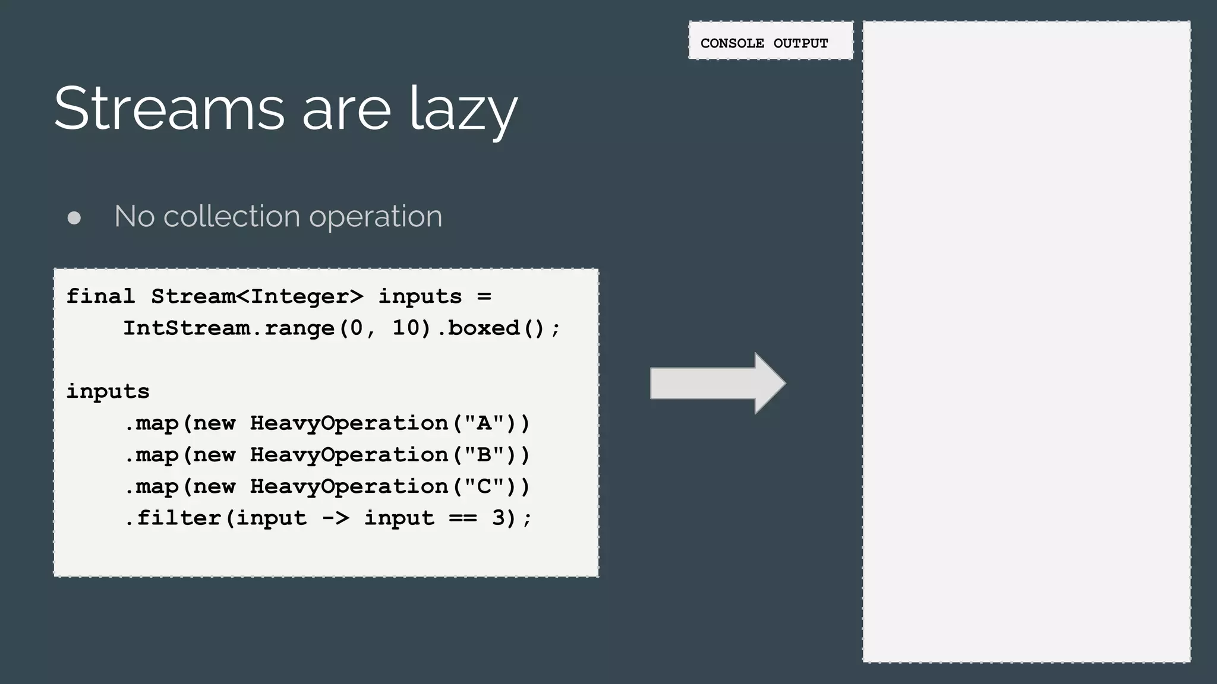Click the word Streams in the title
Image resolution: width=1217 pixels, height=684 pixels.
pos(169,108)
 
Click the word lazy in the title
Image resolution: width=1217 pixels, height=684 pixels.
pos(464,110)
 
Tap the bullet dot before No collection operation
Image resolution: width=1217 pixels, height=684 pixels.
pos(74,218)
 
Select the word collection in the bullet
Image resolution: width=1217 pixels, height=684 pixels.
pos(232,216)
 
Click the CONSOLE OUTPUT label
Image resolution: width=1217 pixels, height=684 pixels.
pos(764,43)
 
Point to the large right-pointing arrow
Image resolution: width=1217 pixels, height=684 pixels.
pos(717,383)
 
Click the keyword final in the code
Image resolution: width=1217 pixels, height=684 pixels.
pos(100,296)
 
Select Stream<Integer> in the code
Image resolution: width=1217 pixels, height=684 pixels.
pos(257,296)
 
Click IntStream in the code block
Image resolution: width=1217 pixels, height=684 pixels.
pos(186,328)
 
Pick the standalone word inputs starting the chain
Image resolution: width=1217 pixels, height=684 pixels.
pos(108,391)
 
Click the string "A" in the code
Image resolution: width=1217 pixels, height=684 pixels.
pos(484,423)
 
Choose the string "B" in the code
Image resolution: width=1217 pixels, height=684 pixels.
pos(484,454)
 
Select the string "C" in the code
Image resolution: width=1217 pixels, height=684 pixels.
pos(484,486)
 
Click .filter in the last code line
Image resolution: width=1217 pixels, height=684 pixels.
pos(174,518)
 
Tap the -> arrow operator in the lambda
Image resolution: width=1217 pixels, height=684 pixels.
pos(335,518)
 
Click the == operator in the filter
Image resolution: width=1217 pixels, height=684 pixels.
pos(463,518)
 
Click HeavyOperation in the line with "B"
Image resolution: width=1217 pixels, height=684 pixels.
pos(349,454)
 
